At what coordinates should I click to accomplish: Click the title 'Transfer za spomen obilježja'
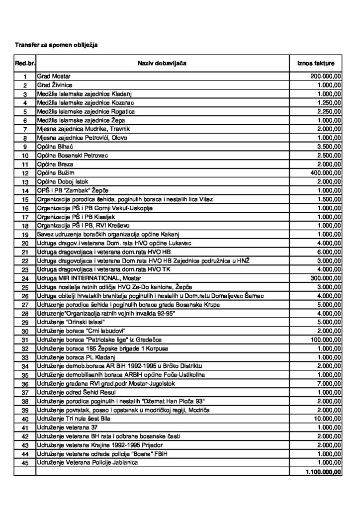pyautogui.click(x=56, y=45)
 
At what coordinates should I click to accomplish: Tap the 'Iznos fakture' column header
pyautogui.click(x=316, y=64)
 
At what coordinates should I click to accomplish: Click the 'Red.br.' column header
pyautogui.click(x=24, y=64)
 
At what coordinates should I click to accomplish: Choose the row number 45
pyautogui.click(x=24, y=463)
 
